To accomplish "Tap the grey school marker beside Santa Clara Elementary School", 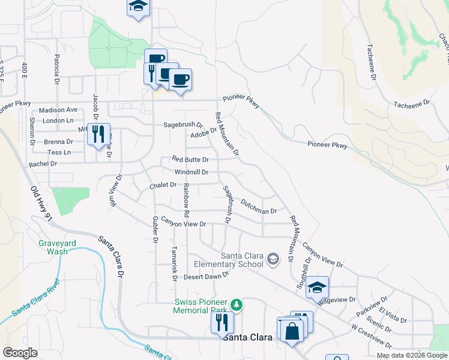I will pyautogui.click(x=273, y=259).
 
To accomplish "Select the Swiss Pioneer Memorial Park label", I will pyautogui.click(x=200, y=306).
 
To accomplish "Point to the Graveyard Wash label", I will pyautogui.click(x=58, y=247).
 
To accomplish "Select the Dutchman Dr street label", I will pyautogui.click(x=258, y=208).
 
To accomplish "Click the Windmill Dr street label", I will pyautogui.click(x=191, y=172).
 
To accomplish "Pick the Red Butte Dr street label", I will pyautogui.click(x=190, y=160).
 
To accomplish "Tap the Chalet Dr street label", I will pyautogui.click(x=162, y=185).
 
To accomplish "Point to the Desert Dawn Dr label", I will pyautogui.click(x=206, y=276).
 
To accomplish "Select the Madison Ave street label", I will pyautogui.click(x=58, y=110).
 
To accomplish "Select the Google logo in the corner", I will pyautogui.click(x=20, y=353).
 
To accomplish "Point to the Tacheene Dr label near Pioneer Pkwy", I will pyautogui.click(x=412, y=103).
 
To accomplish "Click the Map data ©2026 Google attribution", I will pyautogui.click(x=411, y=355).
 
